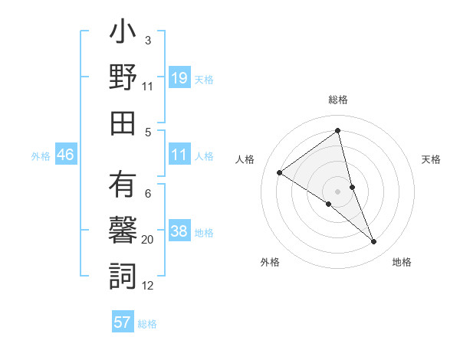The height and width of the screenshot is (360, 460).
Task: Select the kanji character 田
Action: tap(123, 123)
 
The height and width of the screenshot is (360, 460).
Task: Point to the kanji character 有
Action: tap(123, 186)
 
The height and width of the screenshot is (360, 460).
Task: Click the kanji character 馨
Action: tap(123, 231)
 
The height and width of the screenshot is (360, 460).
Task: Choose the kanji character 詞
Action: tap(123, 276)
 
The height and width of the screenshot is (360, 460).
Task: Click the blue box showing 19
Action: tap(179, 78)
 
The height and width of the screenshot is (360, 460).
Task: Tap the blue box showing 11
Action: tap(179, 155)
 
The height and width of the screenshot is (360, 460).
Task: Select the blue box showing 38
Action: tap(179, 232)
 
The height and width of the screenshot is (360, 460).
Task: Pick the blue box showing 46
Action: tap(66, 155)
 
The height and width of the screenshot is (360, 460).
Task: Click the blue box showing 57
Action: tap(123, 322)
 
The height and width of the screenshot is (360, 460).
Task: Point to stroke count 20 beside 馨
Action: tap(148, 240)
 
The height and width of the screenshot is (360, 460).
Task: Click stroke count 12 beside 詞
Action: tap(148, 286)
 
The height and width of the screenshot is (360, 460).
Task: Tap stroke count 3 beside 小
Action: tap(148, 40)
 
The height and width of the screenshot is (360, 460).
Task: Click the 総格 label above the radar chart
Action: tap(338, 100)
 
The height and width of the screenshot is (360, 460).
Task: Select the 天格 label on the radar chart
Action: tap(432, 159)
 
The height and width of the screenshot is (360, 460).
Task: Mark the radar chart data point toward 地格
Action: tap(374, 242)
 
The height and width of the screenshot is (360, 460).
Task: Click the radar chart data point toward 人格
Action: tap(280, 172)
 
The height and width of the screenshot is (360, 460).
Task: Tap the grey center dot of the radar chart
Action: tap(337, 191)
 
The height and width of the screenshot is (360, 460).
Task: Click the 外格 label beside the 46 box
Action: tap(41, 156)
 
